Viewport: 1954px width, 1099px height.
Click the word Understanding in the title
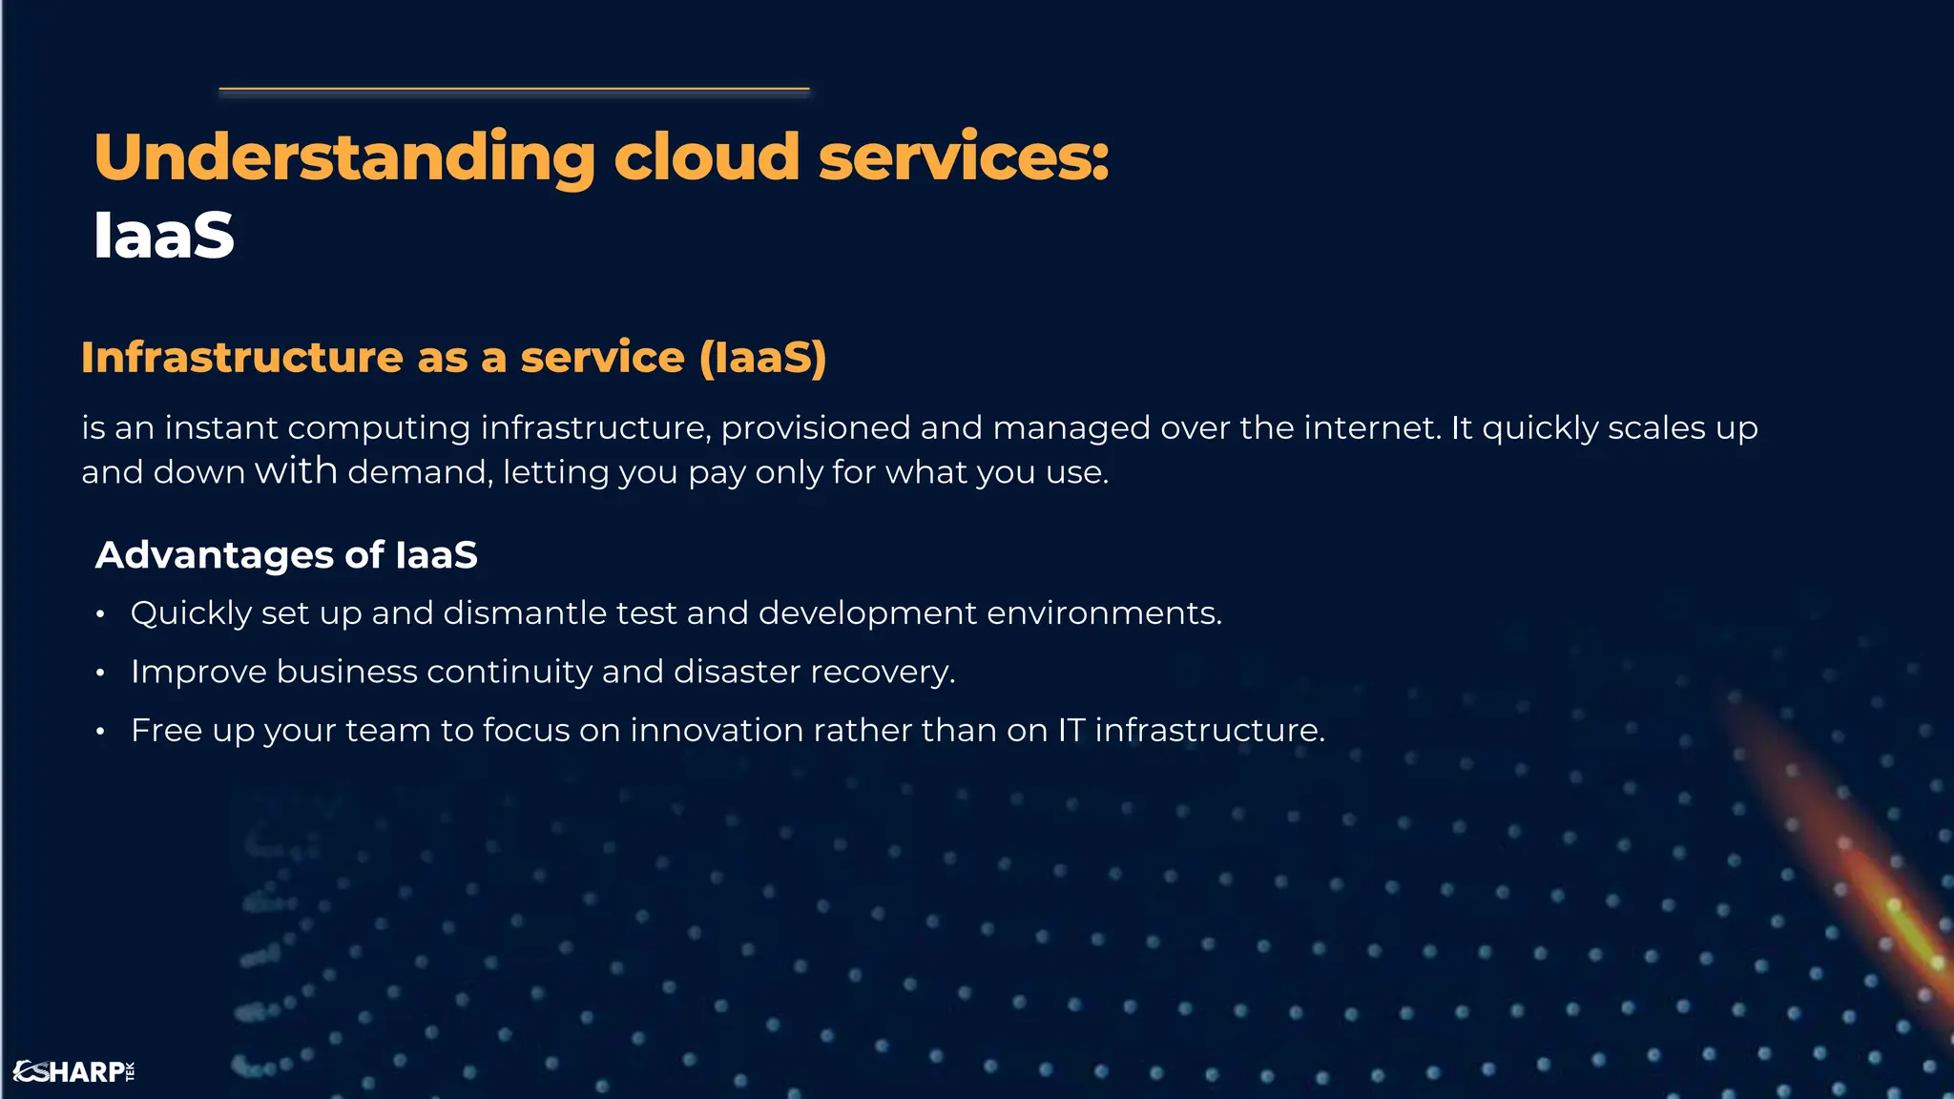(x=344, y=157)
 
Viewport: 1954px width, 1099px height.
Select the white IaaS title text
(x=164, y=235)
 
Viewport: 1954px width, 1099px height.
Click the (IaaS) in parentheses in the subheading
(x=762, y=358)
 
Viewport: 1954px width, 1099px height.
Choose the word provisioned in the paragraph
(x=816, y=427)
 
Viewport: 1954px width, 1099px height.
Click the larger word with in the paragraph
(x=296, y=470)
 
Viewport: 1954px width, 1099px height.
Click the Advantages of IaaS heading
(x=286, y=555)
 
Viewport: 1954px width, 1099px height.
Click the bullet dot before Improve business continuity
(x=100, y=674)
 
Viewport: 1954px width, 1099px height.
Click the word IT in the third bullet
(x=1071, y=731)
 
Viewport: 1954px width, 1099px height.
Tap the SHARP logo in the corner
(x=74, y=1071)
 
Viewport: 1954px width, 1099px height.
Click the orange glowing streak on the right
(x=1860, y=859)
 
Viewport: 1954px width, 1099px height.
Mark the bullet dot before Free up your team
(x=100, y=733)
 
